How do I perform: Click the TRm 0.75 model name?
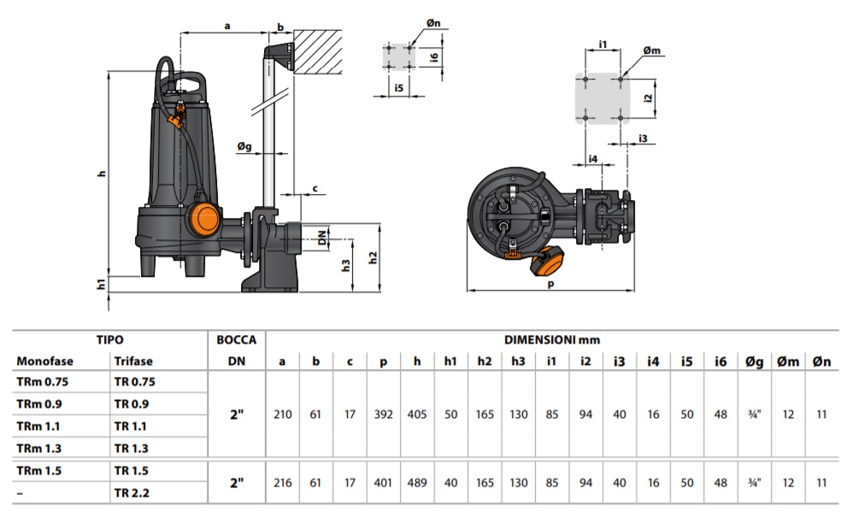pos(43,382)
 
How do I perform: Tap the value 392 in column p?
pos(383,415)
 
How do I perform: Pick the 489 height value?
pos(417,483)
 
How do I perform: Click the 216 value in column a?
pos(283,483)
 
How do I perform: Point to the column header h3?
pos(518,361)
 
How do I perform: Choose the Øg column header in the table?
pos(755,362)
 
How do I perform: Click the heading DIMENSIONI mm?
pos(552,340)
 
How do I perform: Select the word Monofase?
pos(44,361)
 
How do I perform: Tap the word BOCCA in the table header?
pos(237,340)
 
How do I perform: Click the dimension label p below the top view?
pos(550,284)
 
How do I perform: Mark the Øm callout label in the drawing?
pos(652,50)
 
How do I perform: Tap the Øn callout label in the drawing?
pos(433,23)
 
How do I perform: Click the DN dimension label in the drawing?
pos(322,238)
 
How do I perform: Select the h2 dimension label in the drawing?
pos(373,257)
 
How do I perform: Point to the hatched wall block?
pos(317,51)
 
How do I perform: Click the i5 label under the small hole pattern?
pos(399,87)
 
